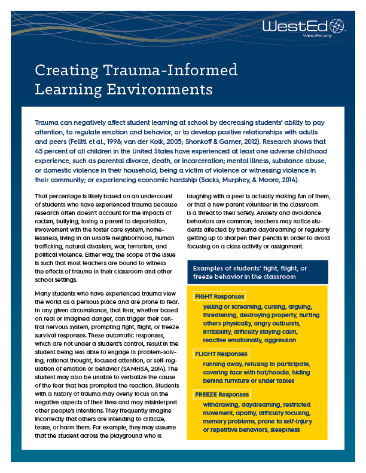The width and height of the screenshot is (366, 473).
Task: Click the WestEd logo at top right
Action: tap(304, 26)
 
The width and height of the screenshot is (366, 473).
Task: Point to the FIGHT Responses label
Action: tap(218, 297)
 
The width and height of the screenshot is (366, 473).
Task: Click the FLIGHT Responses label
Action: tap(220, 354)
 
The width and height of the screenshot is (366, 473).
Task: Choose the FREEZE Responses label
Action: tap(221, 395)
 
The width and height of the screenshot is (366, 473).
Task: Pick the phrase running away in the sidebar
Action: tap(222, 364)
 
